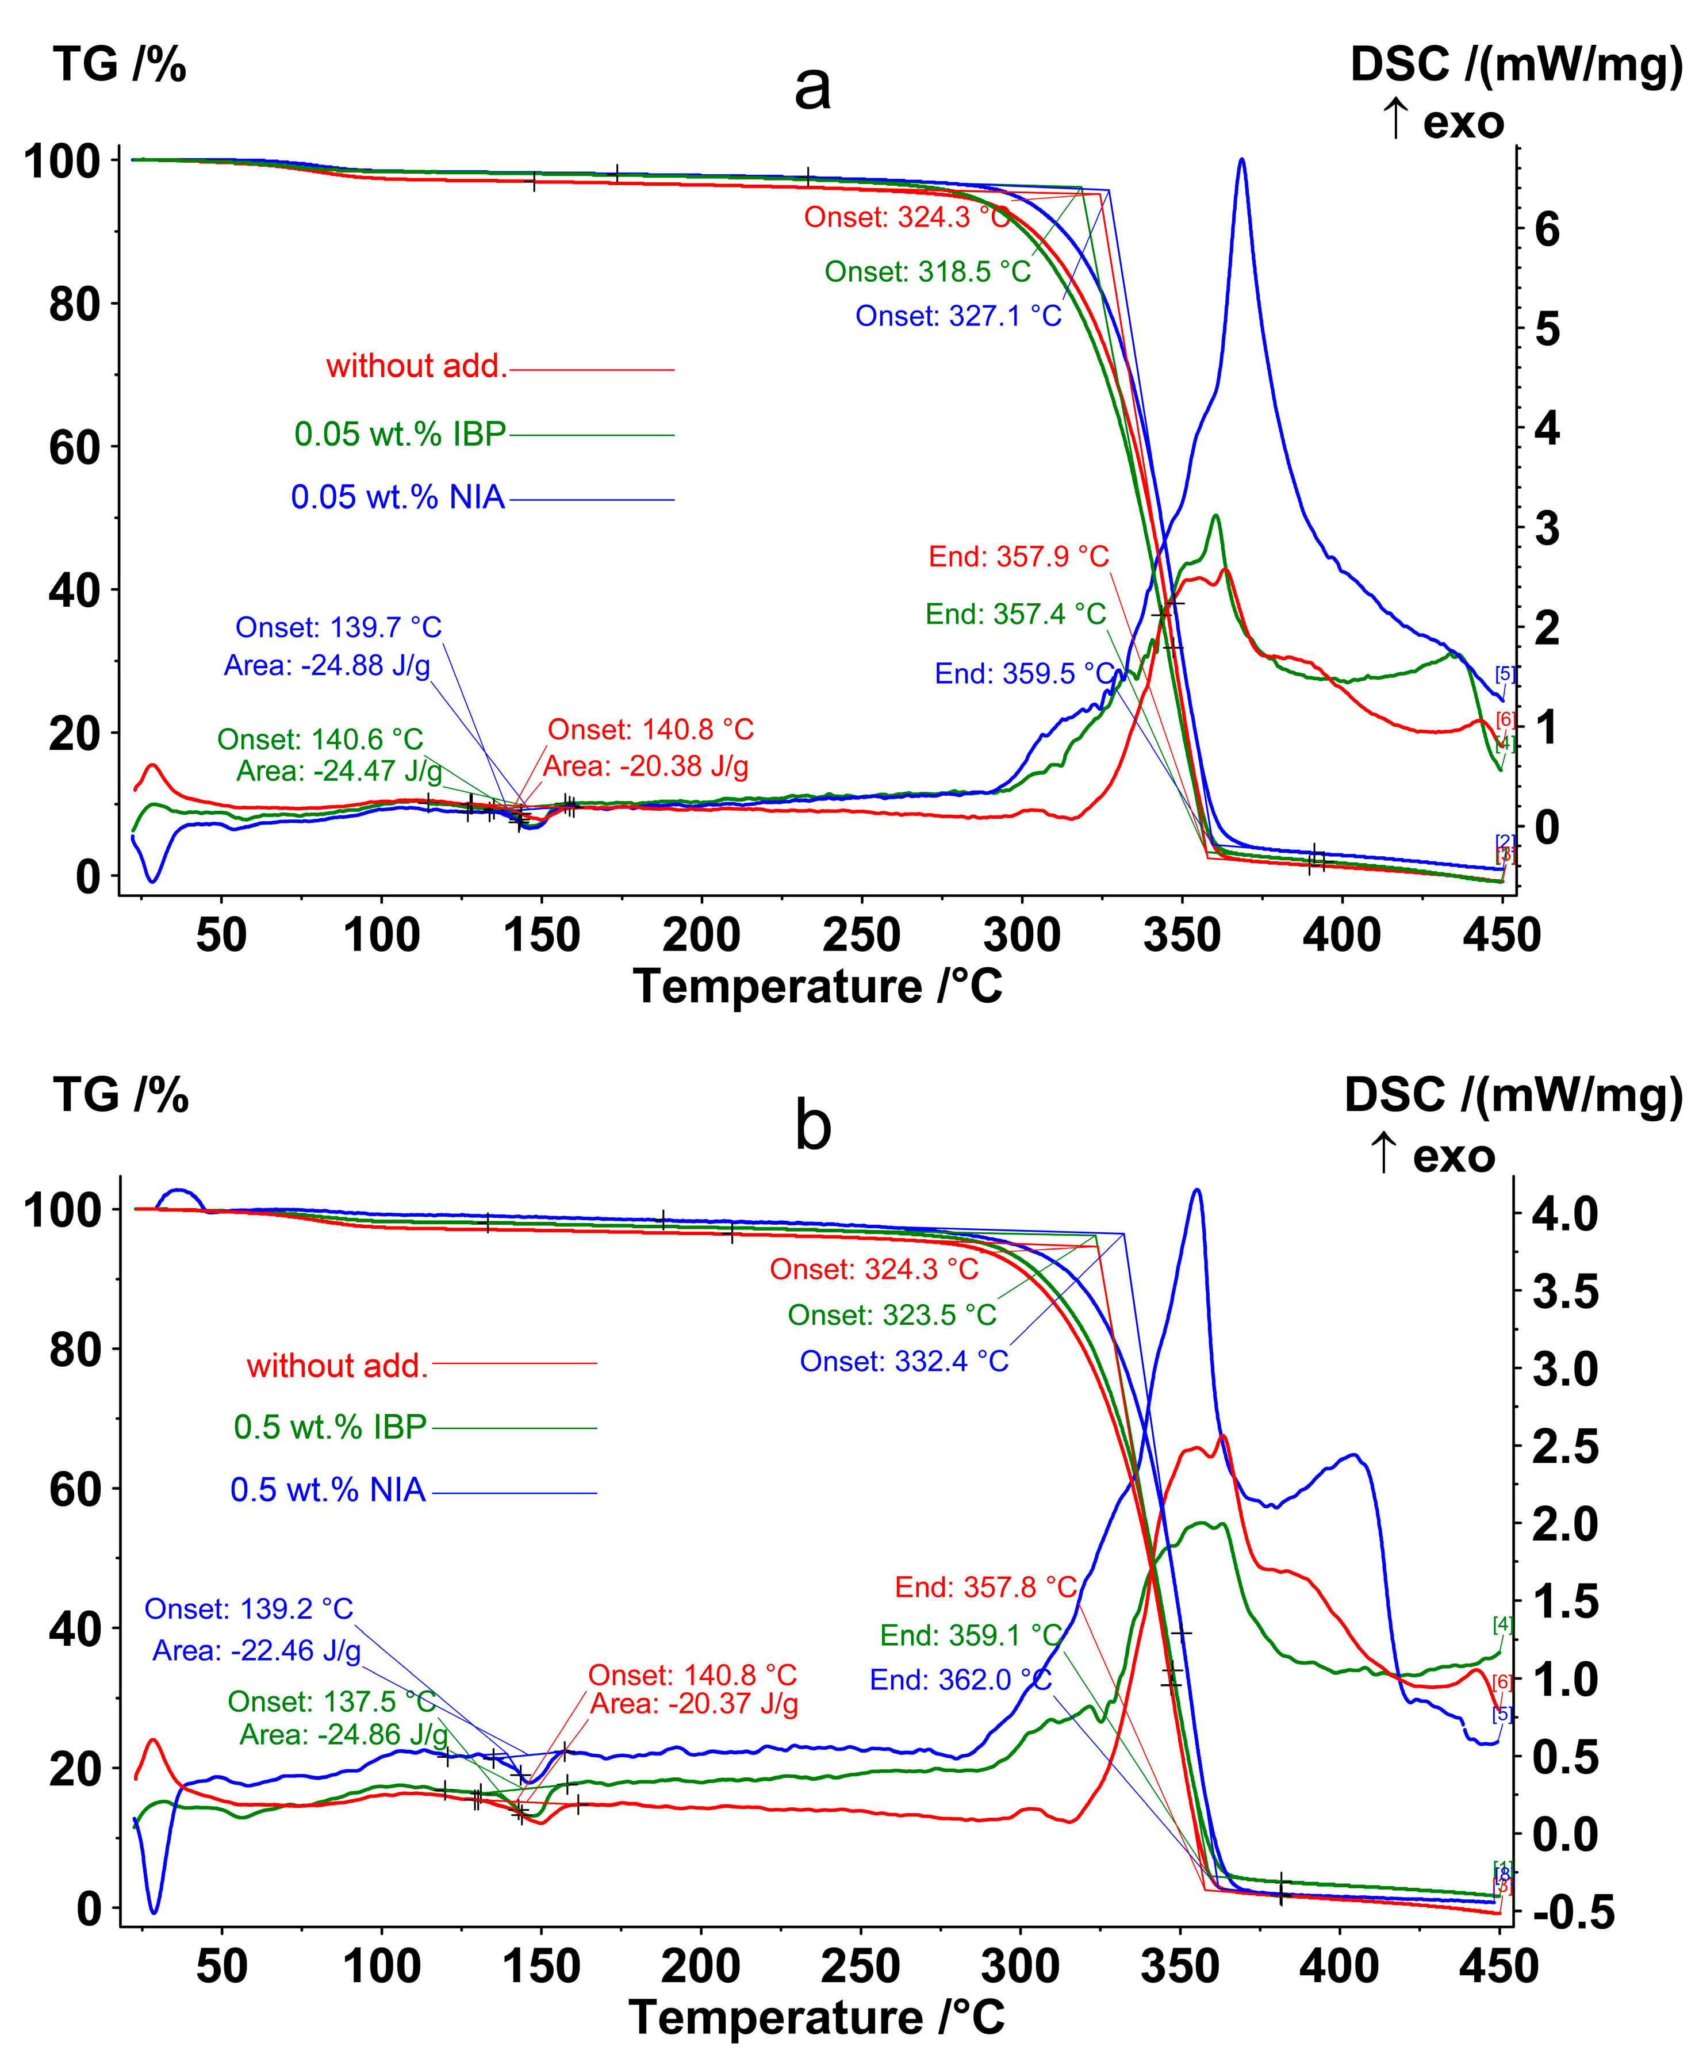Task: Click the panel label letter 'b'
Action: tap(812, 1125)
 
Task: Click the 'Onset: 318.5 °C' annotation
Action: tap(927, 271)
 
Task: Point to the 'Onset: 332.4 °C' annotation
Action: tap(903, 1361)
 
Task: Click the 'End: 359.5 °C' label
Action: tap(1023, 673)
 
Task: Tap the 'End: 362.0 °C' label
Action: tap(960, 1680)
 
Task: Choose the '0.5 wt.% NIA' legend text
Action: tap(328, 1489)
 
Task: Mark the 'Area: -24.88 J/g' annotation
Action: tap(327, 665)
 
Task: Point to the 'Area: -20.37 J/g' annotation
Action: tap(694, 1704)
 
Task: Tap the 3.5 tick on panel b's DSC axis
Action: tap(1564, 1292)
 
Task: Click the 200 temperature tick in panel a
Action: tap(701, 934)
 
